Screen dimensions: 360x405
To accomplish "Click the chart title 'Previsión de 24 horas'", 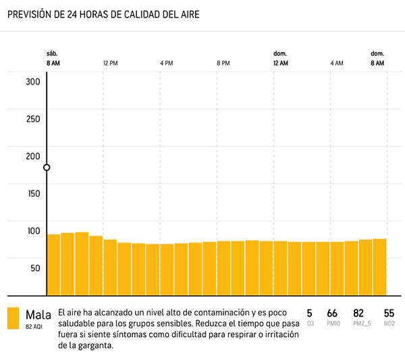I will click(103, 14).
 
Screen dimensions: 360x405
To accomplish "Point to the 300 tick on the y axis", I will click(33, 82).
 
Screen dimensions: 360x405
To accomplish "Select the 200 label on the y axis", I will click(33, 156).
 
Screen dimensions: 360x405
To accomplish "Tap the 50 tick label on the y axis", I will click(35, 267).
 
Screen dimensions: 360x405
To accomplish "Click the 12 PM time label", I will click(111, 63).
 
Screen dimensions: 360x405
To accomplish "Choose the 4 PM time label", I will click(167, 63).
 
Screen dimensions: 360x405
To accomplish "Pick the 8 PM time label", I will click(223, 63).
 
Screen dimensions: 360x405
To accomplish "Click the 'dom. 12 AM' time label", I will click(280, 58).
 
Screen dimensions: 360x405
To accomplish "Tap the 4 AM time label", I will click(337, 63).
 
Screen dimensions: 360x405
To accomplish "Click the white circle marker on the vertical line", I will click(47, 168).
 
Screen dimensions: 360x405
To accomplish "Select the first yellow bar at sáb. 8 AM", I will click(53, 264).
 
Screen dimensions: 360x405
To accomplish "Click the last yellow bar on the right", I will click(379, 267).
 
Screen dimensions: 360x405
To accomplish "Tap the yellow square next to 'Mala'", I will click(13, 318).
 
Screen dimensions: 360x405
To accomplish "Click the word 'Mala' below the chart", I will click(38, 315).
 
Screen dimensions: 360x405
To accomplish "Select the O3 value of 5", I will click(310, 313).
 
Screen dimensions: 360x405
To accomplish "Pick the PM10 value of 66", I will click(332, 313).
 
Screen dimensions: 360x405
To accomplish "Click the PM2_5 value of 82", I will click(358, 313).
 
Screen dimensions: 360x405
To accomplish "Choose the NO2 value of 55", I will click(389, 313).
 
